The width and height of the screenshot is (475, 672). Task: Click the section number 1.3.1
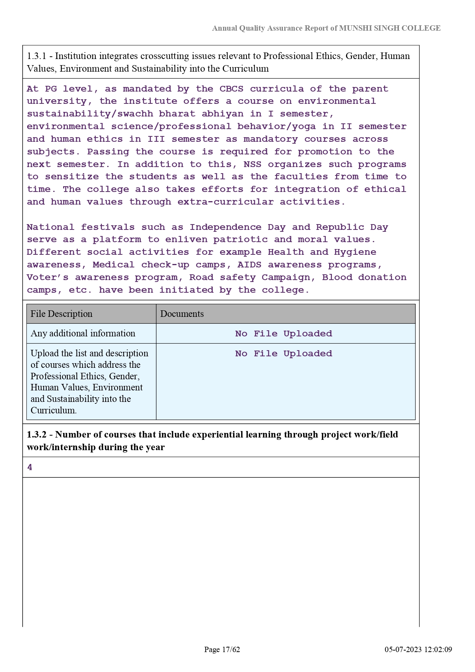[x=36, y=56]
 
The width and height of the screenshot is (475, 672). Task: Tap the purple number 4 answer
[x=30, y=467]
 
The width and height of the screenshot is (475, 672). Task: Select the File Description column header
[x=62, y=314]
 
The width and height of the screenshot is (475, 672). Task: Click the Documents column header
[x=182, y=314]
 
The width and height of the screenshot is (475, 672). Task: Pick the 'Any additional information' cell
[x=83, y=333]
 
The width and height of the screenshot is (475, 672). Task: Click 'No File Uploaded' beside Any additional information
[x=284, y=334]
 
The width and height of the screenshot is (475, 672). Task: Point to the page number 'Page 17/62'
[x=222, y=649]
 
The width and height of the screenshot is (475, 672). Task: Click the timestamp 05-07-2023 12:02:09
[x=418, y=649]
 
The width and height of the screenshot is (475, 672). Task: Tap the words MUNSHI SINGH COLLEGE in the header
[x=390, y=28]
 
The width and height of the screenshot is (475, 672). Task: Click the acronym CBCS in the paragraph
[x=231, y=89]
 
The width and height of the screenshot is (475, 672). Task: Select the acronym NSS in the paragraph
[x=253, y=164]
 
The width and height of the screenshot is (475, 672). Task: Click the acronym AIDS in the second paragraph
[x=250, y=265]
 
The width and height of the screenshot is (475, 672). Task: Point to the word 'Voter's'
[x=47, y=277]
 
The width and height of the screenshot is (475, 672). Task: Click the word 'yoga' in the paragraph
[x=304, y=126]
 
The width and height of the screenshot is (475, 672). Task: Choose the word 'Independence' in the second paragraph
[x=225, y=227]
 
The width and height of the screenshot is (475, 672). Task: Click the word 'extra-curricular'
[x=225, y=202]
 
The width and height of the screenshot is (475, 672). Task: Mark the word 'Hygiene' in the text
[x=355, y=252]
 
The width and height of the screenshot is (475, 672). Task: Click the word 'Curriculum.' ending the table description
[x=54, y=410]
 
